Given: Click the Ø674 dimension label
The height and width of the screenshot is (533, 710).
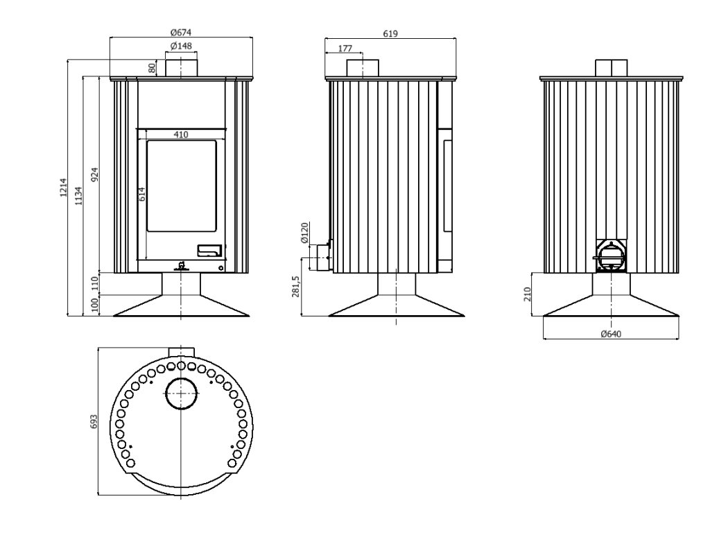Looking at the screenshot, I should [x=181, y=33].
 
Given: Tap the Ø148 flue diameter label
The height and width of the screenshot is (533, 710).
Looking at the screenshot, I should [x=181, y=46].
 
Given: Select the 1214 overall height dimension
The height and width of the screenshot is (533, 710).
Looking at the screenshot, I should [x=62, y=187].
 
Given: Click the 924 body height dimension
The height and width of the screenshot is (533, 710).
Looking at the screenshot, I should [x=95, y=174].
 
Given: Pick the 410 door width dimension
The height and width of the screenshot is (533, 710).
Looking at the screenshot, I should [x=181, y=134].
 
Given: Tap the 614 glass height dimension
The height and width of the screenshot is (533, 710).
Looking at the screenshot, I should [x=141, y=194].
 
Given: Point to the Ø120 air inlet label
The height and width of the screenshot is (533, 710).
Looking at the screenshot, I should [x=304, y=233].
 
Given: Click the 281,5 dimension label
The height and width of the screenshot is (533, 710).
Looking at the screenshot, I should [x=296, y=286].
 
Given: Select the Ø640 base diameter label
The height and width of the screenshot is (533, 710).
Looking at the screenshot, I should [x=610, y=334].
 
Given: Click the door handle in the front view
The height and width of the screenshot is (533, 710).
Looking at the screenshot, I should [x=209, y=250].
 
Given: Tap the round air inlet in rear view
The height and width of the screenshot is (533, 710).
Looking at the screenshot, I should [x=610, y=255].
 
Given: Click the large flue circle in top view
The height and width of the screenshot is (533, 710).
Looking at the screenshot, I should [x=182, y=394].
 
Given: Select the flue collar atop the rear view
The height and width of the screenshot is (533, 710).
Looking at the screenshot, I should [x=610, y=68].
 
